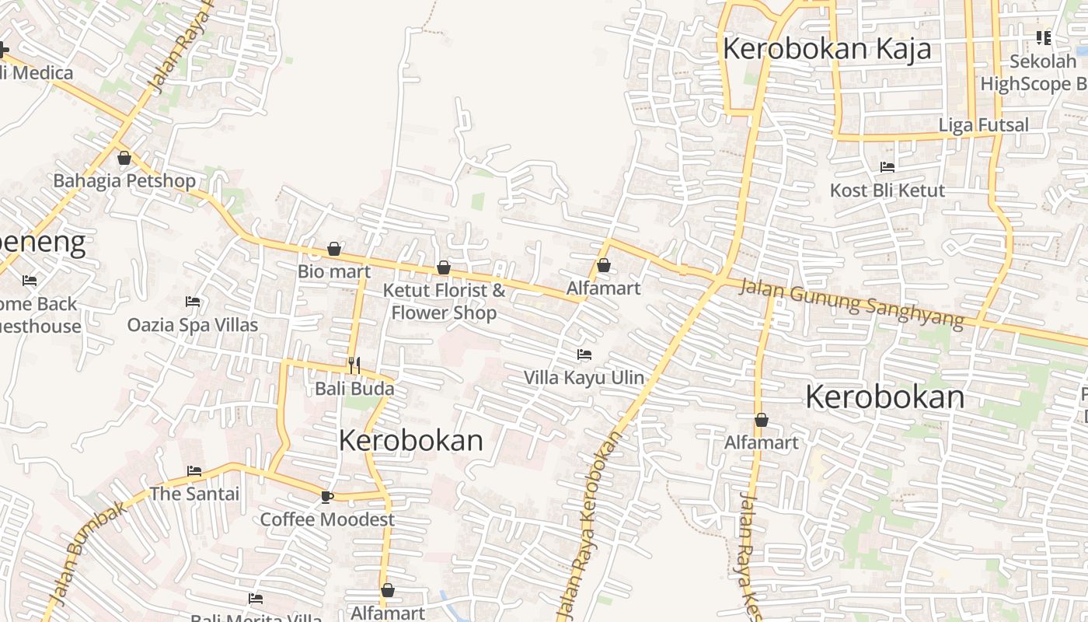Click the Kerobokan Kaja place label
pos(827,48)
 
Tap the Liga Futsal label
pos(983,124)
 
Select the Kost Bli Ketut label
pos(887,190)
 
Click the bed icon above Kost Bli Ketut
pos(887,166)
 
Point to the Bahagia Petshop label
pos(124,181)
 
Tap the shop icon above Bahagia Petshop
pos(124,159)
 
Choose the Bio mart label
pos(334,272)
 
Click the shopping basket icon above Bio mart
pos(334,249)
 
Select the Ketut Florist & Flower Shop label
pos(444,302)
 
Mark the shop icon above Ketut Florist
pos(444,267)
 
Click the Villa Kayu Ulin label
pos(584,378)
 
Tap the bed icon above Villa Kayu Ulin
pos(584,355)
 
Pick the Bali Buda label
pos(354,389)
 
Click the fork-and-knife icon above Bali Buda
pos(354,364)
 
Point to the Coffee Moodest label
pos(327,519)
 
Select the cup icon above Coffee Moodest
pos(327,497)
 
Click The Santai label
pos(194,494)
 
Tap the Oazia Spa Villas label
pos(193,324)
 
